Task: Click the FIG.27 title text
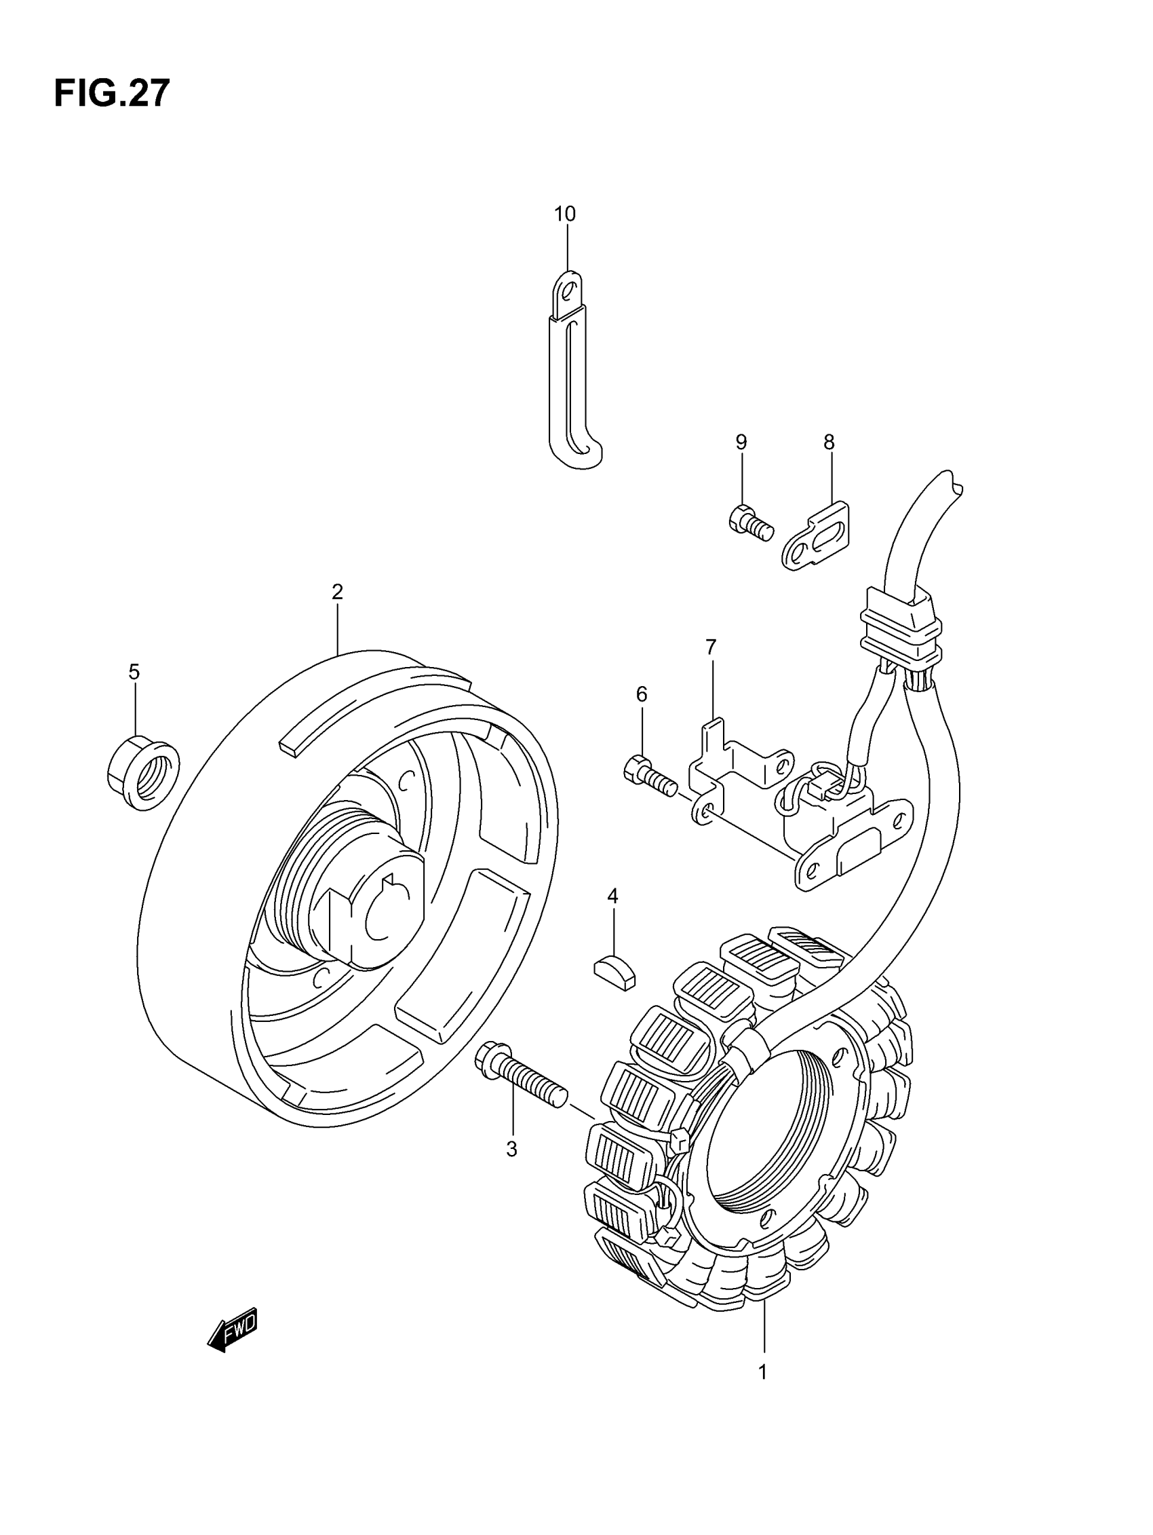[112, 94]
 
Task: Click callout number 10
[565, 214]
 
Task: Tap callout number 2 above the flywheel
[337, 592]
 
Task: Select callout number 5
[134, 672]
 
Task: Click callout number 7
[710, 647]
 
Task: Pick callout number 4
[612, 896]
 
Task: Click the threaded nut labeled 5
[143, 773]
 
